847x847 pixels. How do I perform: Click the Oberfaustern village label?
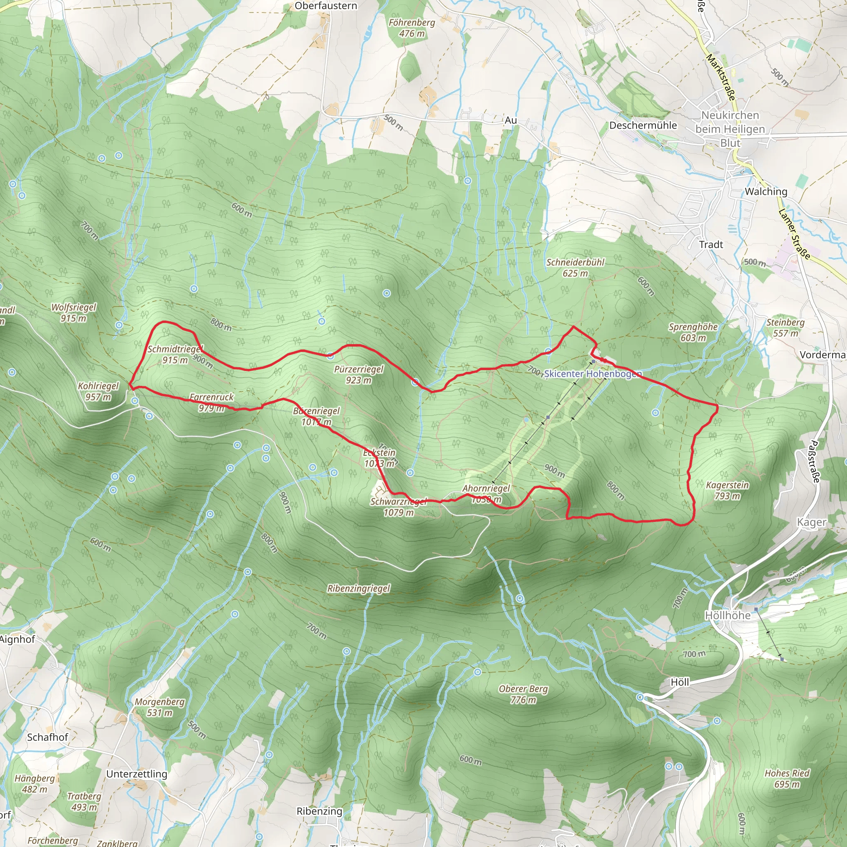pyautogui.click(x=326, y=6)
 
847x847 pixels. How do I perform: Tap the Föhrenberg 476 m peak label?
pyautogui.click(x=412, y=28)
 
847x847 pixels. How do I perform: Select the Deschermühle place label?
pyautogui.click(x=643, y=125)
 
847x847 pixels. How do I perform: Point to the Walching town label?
pyautogui.click(x=766, y=191)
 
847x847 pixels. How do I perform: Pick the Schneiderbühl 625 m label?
pyautogui.click(x=575, y=268)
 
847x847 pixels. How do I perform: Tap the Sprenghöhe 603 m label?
pyautogui.click(x=693, y=332)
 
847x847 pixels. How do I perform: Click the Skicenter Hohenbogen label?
pyautogui.click(x=593, y=373)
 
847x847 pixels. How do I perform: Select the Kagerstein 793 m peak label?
pyautogui.click(x=727, y=490)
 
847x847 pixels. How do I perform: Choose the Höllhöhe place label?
pyautogui.click(x=727, y=615)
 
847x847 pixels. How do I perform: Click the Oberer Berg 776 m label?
pyautogui.click(x=524, y=694)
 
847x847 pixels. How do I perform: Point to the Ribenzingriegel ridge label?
pyautogui.click(x=359, y=589)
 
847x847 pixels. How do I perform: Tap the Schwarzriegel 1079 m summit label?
pyautogui.click(x=399, y=507)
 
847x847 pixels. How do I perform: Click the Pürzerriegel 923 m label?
pyautogui.click(x=359, y=374)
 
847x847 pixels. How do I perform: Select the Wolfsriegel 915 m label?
pyautogui.click(x=74, y=312)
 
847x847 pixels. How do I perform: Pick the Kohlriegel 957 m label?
pyautogui.click(x=98, y=391)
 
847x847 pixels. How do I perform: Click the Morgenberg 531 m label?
pyautogui.click(x=160, y=707)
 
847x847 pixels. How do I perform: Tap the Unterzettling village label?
pyautogui.click(x=137, y=774)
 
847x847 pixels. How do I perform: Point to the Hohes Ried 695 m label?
pyautogui.click(x=787, y=778)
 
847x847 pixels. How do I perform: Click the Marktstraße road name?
pyautogui.click(x=721, y=77)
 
